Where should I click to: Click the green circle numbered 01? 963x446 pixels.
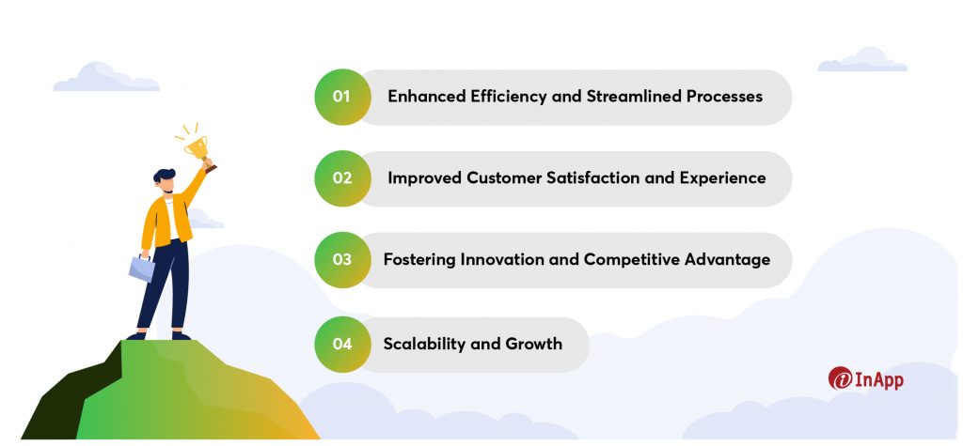[342, 97]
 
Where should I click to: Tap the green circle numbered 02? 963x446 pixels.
[342, 178]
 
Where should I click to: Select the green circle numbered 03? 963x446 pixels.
[342, 260]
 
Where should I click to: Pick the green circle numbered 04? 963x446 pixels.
[342, 345]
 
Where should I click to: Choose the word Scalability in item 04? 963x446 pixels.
[424, 344]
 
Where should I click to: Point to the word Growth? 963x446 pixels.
[534, 344]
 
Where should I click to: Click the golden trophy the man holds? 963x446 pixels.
[197, 147]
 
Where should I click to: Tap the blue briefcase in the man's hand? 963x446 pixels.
[142, 269]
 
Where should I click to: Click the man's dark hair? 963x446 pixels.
[164, 176]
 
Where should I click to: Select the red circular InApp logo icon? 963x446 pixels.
[840, 378]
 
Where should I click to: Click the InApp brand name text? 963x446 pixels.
[879, 379]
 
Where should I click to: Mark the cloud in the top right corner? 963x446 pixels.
[862, 59]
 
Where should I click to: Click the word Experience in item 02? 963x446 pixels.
[722, 178]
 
